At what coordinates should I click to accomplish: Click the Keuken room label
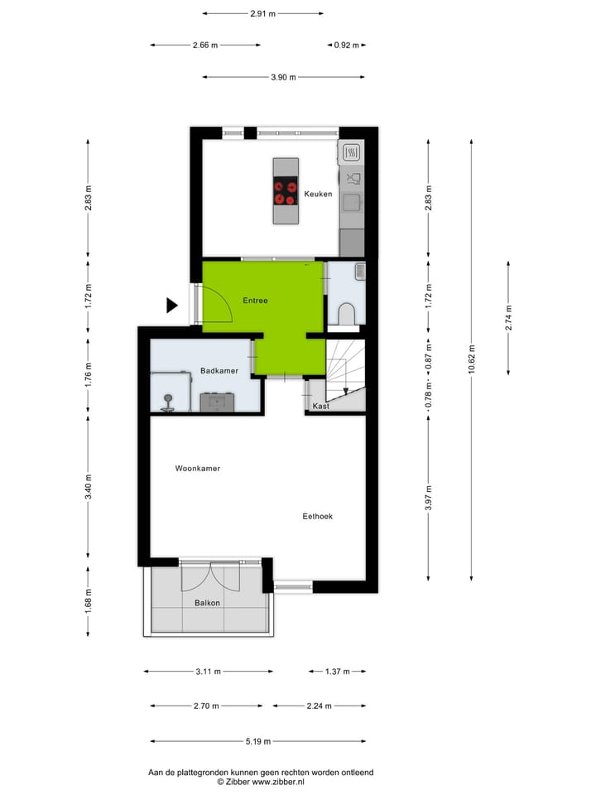pyautogui.click(x=318, y=194)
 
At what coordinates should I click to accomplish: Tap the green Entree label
pyautogui.click(x=255, y=301)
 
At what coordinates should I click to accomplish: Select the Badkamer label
pyautogui.click(x=219, y=371)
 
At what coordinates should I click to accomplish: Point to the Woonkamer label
pyautogui.click(x=198, y=469)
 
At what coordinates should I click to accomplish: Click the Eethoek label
pyautogui.click(x=317, y=516)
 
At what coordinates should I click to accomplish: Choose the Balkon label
pyautogui.click(x=207, y=603)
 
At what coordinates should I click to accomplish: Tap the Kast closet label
pyautogui.click(x=321, y=407)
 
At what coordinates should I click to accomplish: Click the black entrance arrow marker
pyautogui.click(x=171, y=305)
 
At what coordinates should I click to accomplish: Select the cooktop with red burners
pyautogui.click(x=286, y=192)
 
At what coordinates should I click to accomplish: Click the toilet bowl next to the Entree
pyautogui.click(x=347, y=312)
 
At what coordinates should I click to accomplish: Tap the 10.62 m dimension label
pyautogui.click(x=472, y=360)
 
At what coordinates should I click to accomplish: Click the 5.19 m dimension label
pyautogui.click(x=256, y=741)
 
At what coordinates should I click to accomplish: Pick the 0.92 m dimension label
pyautogui.click(x=346, y=46)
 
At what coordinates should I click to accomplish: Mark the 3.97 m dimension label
pyautogui.click(x=428, y=496)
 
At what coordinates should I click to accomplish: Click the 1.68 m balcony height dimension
pyautogui.click(x=89, y=600)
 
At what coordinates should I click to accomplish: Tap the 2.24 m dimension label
pyautogui.click(x=318, y=706)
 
